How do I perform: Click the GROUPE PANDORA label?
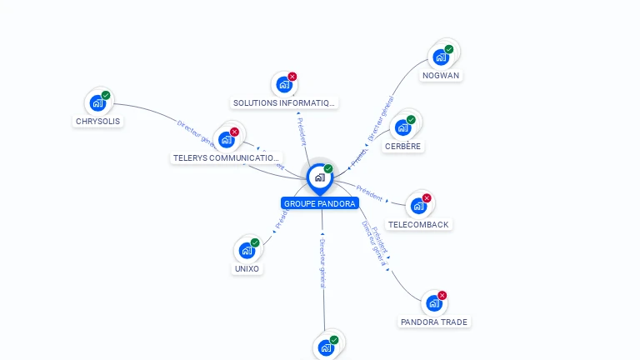coord(319,203)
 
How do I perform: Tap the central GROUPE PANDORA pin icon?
coord(319,177)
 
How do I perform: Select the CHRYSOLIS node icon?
coord(97,103)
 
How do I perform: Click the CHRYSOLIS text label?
coord(97,121)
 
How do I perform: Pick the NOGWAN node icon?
coord(440,57)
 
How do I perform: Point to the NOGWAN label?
coord(441,75)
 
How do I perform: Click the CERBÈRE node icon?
coord(403,127)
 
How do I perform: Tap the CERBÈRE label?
coord(403,146)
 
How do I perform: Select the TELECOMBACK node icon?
coord(418,206)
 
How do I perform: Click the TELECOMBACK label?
coord(418,224)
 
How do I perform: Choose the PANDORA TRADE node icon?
coord(433,303)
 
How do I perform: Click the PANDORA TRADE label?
coord(434,322)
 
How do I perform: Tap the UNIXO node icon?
coord(247,251)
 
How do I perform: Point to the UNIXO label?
coord(247,268)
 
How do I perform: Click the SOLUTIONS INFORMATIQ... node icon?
coord(284,85)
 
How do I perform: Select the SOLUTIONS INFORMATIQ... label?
coord(284,103)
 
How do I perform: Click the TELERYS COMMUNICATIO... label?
coord(227,157)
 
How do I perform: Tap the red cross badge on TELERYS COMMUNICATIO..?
coord(234,132)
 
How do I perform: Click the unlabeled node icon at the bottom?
coord(326,347)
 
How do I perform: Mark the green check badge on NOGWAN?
coord(448,50)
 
